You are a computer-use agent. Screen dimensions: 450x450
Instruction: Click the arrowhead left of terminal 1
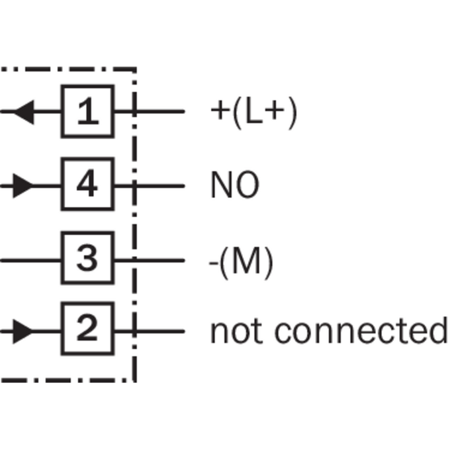click(24, 112)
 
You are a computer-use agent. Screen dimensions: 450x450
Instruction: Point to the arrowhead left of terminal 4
click(23, 186)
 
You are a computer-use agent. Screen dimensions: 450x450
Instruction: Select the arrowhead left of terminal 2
click(23, 331)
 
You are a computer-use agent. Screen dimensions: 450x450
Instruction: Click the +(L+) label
click(253, 112)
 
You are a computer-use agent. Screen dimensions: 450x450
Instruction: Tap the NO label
click(235, 185)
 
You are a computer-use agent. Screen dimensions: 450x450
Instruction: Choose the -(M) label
click(241, 263)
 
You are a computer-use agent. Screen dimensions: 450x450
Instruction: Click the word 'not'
click(236, 330)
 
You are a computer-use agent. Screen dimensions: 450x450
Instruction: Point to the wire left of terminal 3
click(30, 260)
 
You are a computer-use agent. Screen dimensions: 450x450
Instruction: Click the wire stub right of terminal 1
click(150, 111)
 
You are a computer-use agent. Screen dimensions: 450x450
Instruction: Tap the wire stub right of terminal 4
click(150, 186)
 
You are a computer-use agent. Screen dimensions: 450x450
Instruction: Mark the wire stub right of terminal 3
click(150, 260)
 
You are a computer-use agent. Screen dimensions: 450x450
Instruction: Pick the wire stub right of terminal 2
click(150, 331)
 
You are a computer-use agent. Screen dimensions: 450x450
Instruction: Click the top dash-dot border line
click(68, 69)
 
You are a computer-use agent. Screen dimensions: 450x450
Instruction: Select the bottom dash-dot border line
click(68, 381)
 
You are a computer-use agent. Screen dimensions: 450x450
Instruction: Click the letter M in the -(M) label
click(246, 261)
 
